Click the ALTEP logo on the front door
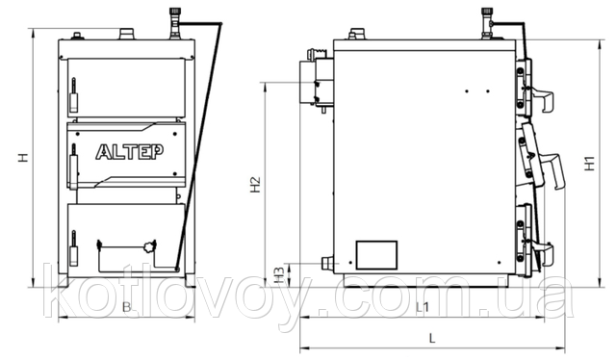130,152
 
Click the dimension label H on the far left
23,158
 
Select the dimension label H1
590,164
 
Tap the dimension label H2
255,184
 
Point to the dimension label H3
278,275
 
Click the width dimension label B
126,307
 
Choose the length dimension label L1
423,307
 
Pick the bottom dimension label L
432,338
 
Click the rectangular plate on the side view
376,255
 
